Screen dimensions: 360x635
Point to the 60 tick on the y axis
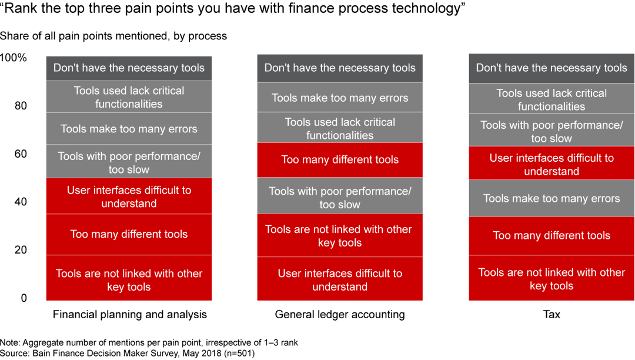[x=21, y=154]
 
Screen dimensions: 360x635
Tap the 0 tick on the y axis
[x=24, y=298]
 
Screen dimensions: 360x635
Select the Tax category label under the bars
[x=551, y=314]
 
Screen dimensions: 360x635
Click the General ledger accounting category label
[x=340, y=314]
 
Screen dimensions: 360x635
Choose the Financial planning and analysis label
[x=129, y=314]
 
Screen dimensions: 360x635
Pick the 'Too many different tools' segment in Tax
[x=551, y=235]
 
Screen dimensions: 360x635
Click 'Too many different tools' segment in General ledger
[x=340, y=159]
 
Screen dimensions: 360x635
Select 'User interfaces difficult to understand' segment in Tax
[x=551, y=165]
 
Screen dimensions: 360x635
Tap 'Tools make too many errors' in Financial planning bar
[x=129, y=129]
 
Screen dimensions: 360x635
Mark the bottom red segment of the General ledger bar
[x=340, y=279]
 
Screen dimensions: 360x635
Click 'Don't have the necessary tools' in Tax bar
[x=551, y=68]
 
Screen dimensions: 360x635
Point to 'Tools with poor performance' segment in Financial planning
[x=129, y=162]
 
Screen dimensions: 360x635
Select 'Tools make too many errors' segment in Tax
[x=551, y=198]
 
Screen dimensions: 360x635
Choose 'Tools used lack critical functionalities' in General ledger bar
[x=340, y=128]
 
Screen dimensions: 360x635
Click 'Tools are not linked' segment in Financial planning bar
[x=129, y=279]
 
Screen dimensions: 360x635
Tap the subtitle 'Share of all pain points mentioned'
[x=113, y=36]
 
